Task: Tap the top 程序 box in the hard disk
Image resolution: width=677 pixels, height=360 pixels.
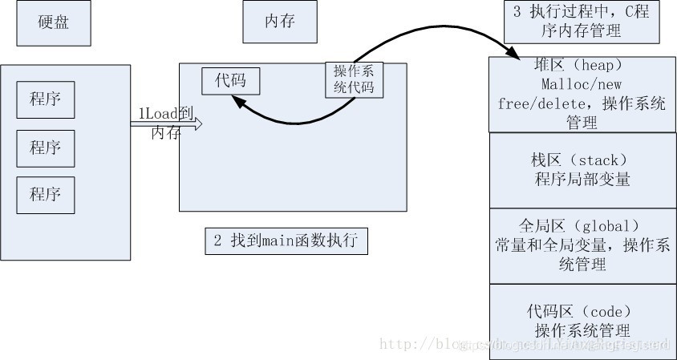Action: pos(46,100)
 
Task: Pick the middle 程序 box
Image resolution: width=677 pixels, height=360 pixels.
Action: pos(46,148)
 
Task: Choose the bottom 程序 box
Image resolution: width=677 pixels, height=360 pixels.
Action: pos(46,195)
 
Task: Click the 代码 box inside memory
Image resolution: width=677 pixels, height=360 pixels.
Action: pos(230,80)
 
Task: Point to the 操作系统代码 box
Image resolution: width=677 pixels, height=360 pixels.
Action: pos(354,79)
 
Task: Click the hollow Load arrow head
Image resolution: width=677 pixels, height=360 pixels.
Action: pos(197,123)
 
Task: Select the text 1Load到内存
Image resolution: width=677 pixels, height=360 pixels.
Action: pos(165,123)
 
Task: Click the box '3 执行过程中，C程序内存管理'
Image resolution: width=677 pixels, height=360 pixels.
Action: pos(582,22)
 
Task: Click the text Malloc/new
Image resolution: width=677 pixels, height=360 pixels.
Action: pos(582,84)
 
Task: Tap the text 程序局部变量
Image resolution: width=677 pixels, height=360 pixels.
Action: pos(582,179)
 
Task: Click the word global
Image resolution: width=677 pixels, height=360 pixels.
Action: pos(602,224)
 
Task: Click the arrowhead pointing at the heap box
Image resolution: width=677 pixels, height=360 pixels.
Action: pos(511,53)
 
